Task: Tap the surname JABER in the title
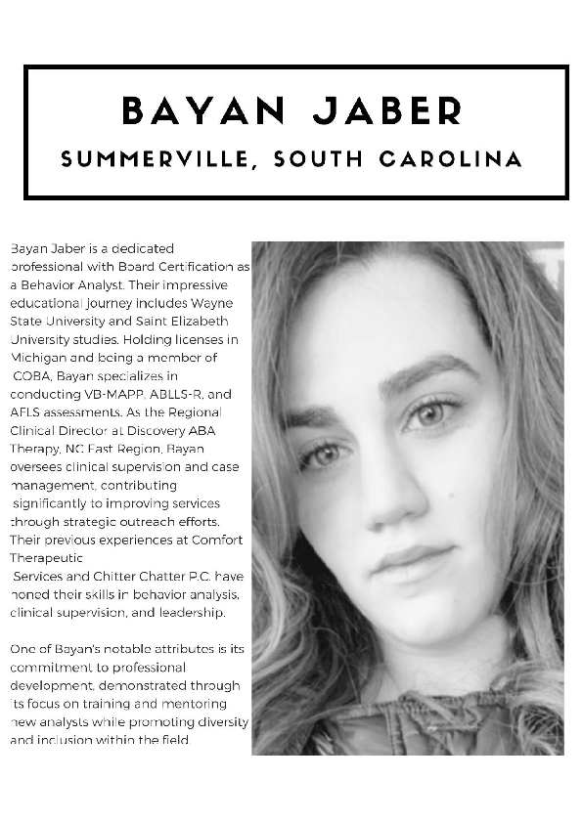(386, 110)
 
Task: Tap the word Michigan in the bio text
(36, 357)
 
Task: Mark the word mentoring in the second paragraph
(198, 703)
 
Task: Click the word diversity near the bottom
(221, 721)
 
